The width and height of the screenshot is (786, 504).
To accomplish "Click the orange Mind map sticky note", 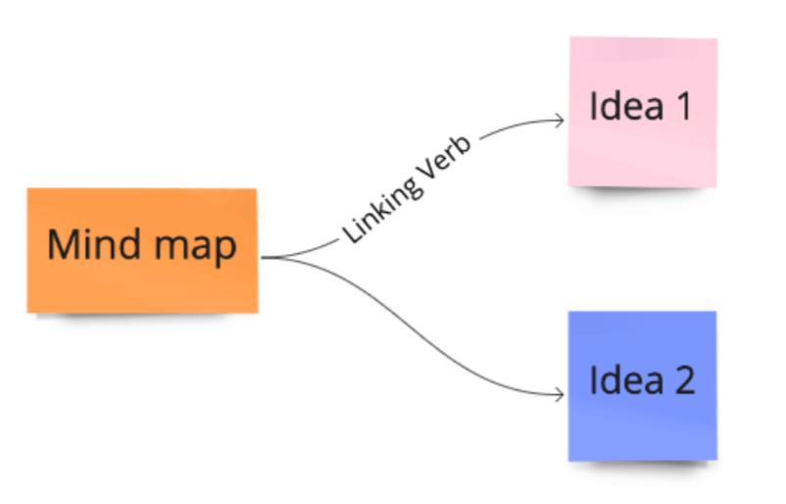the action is [142, 251].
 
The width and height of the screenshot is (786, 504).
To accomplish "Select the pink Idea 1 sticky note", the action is [643, 112].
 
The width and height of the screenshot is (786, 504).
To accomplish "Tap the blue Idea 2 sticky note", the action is [643, 385].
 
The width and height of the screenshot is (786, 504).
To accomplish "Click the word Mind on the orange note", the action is [94, 244].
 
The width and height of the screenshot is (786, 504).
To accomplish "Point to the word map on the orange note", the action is [195, 249].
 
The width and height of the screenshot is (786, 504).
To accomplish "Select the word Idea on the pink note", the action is [626, 106].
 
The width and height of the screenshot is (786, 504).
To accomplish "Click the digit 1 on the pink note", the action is [684, 106].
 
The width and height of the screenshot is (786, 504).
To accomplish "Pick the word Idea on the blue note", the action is [626, 379].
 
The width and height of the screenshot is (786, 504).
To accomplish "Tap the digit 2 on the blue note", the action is [685, 379].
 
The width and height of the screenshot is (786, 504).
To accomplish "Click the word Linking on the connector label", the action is [382, 209].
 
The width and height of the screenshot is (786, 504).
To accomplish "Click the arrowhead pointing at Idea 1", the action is [559, 121].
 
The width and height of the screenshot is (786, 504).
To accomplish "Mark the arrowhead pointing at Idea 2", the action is [559, 395].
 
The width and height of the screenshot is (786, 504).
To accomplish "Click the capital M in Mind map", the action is [62, 244].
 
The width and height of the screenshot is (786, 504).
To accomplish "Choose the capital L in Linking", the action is [351, 233].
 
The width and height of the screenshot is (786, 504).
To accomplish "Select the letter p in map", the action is [226, 250].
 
